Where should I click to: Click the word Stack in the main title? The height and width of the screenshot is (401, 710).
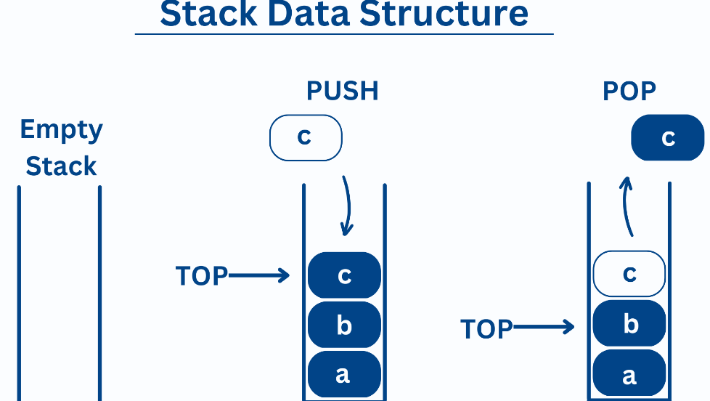[209, 14]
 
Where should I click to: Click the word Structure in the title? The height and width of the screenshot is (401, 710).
[444, 14]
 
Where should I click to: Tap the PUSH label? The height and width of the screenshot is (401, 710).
[343, 91]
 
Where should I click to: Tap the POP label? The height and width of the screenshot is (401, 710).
[629, 91]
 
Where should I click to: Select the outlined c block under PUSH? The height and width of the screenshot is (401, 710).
[306, 138]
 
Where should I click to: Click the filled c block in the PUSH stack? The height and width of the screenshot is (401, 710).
[344, 275]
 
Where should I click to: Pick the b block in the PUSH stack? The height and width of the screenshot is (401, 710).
[344, 325]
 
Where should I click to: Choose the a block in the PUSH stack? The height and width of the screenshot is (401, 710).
[344, 374]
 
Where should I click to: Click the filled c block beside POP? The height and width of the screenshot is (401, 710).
[668, 137]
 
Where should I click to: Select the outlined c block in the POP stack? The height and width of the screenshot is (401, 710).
[629, 274]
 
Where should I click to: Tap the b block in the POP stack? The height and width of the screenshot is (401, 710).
[629, 323]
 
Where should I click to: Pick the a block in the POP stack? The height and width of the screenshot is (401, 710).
[629, 373]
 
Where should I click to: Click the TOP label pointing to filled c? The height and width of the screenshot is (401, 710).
[202, 276]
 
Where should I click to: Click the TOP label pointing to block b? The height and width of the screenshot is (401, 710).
[486, 329]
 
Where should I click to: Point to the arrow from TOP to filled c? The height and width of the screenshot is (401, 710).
[259, 275]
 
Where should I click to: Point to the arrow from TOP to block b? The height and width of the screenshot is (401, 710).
[544, 327]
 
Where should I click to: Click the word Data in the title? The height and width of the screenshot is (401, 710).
[309, 14]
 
